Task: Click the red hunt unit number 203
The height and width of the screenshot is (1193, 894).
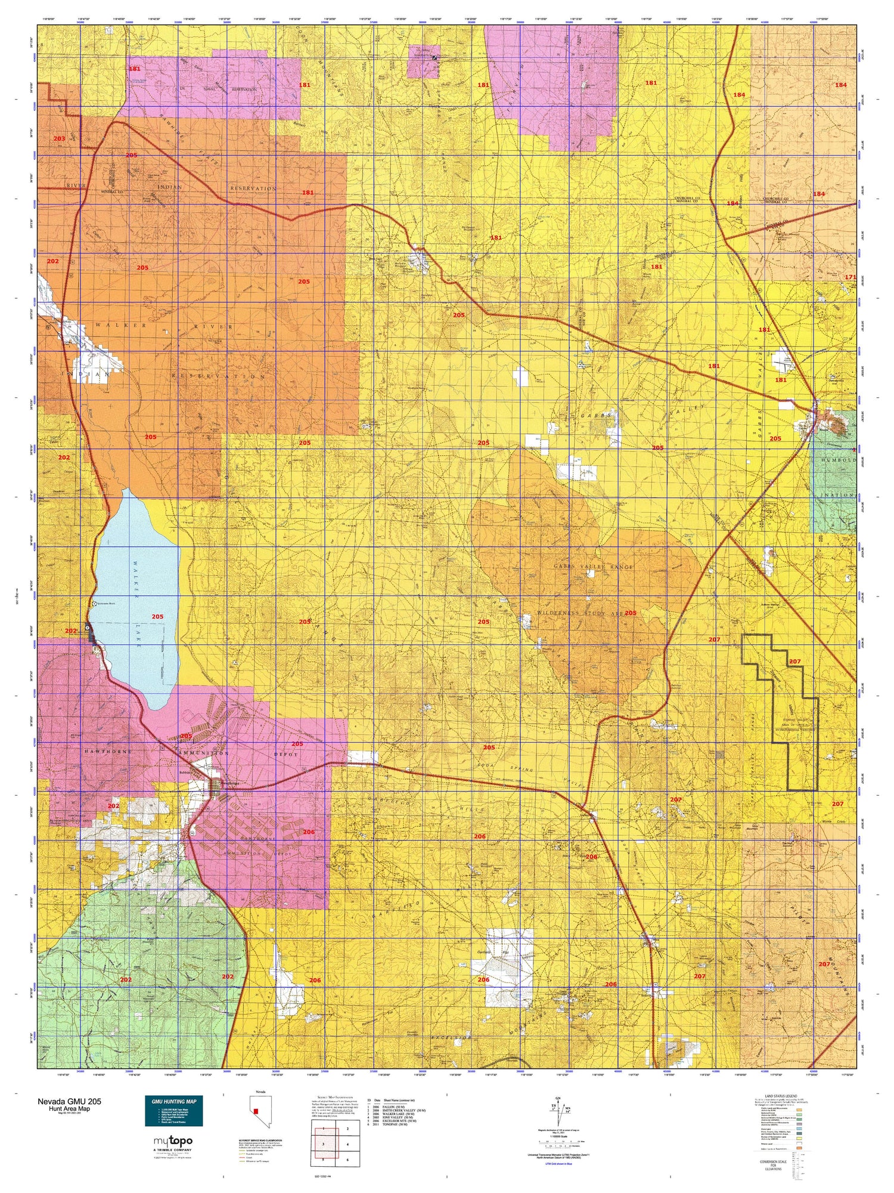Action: pos(59,138)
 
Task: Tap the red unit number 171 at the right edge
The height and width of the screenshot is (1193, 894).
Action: pos(850,277)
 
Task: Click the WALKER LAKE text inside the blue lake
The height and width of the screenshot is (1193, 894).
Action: pos(139,602)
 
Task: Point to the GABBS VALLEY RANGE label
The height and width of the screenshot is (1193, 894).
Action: pos(593,567)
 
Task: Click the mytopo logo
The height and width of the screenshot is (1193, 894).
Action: pos(173,1142)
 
